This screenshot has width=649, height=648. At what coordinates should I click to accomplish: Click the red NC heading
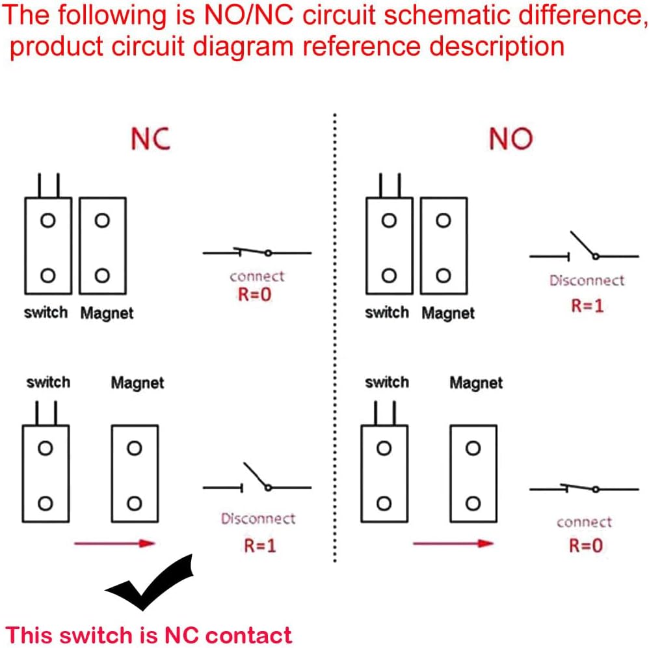tap(150, 139)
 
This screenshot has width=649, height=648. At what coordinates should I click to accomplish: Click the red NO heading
tap(510, 139)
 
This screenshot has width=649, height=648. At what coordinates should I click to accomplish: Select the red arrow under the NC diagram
tap(114, 543)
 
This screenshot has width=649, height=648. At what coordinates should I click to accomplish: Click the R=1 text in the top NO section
tap(587, 306)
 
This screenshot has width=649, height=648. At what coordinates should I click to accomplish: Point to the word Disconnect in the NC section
tap(258, 519)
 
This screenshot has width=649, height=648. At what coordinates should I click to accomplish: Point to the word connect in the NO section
tap(584, 522)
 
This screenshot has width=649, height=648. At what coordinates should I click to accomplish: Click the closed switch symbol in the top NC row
tap(257, 252)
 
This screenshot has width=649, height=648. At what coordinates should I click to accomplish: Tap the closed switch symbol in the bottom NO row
tap(583, 489)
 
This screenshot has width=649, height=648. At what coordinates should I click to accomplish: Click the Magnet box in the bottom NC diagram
tap(135, 473)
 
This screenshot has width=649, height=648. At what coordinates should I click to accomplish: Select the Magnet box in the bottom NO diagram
tap(473, 473)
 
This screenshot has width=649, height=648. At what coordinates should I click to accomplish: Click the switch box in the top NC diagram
tap(47, 245)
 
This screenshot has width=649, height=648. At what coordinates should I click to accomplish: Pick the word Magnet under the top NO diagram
tap(448, 313)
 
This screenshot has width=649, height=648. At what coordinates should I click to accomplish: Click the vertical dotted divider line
tap(334, 338)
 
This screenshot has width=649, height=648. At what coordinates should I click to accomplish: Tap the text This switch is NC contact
tap(149, 634)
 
